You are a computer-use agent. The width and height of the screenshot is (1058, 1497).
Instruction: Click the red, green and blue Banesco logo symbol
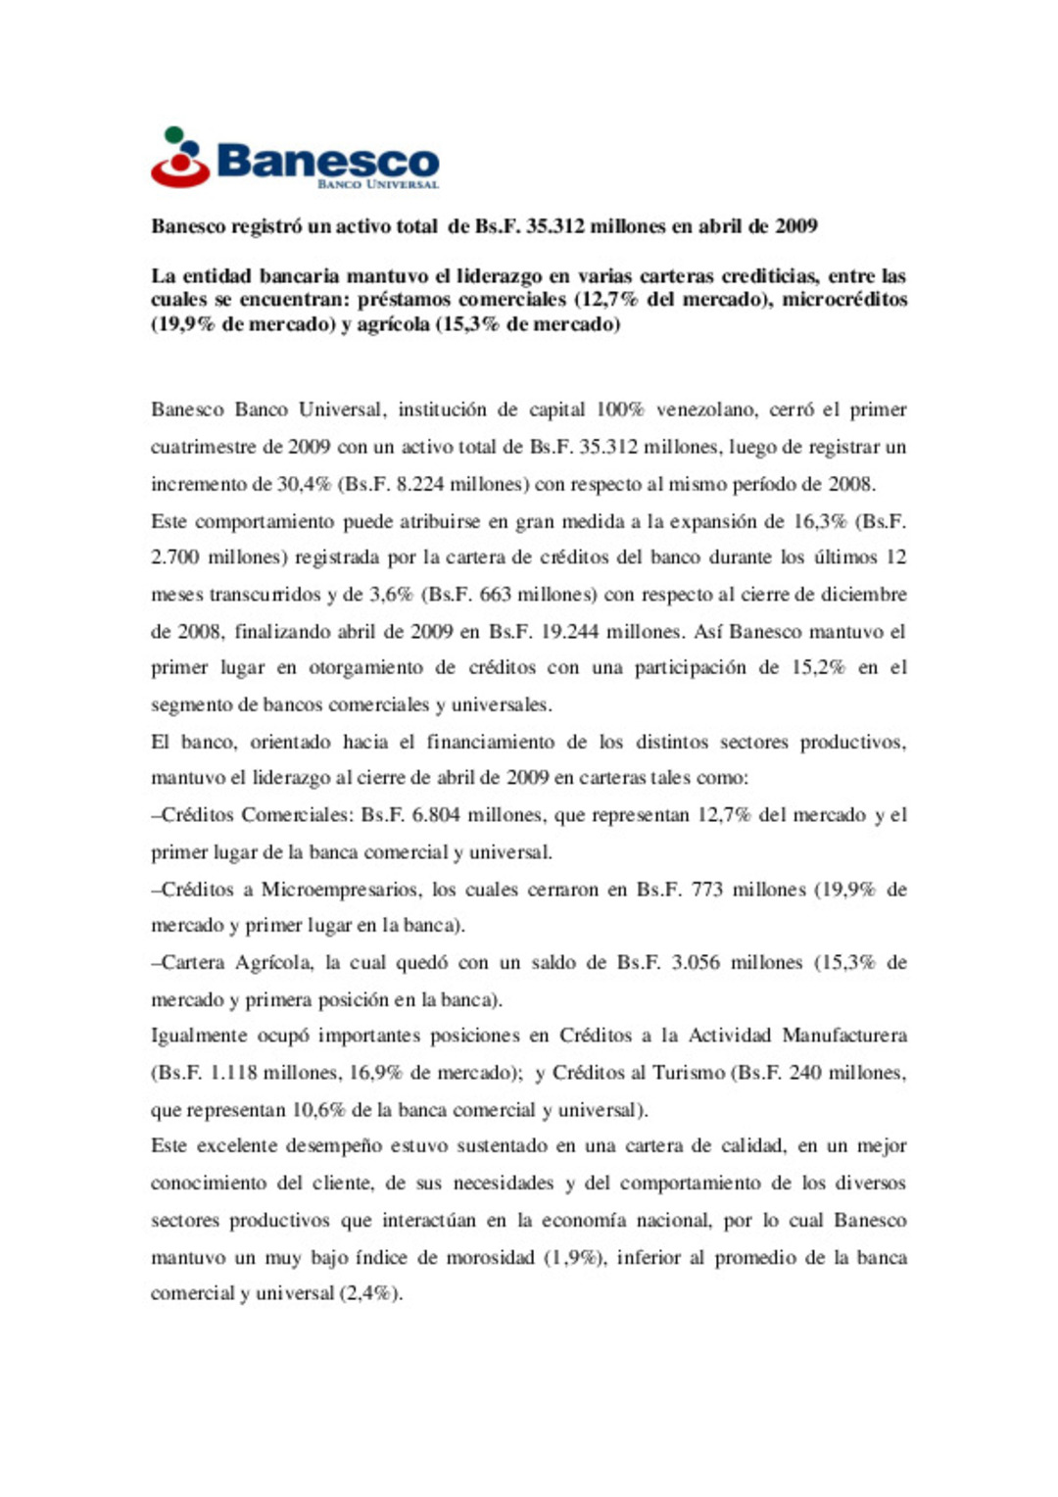pos(180,158)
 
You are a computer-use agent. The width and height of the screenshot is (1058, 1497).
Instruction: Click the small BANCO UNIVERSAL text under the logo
pos(377,184)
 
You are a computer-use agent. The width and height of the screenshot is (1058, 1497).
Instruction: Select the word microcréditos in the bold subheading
pos(844,300)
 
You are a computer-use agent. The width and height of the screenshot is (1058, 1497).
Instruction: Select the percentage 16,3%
pos(820,521)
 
